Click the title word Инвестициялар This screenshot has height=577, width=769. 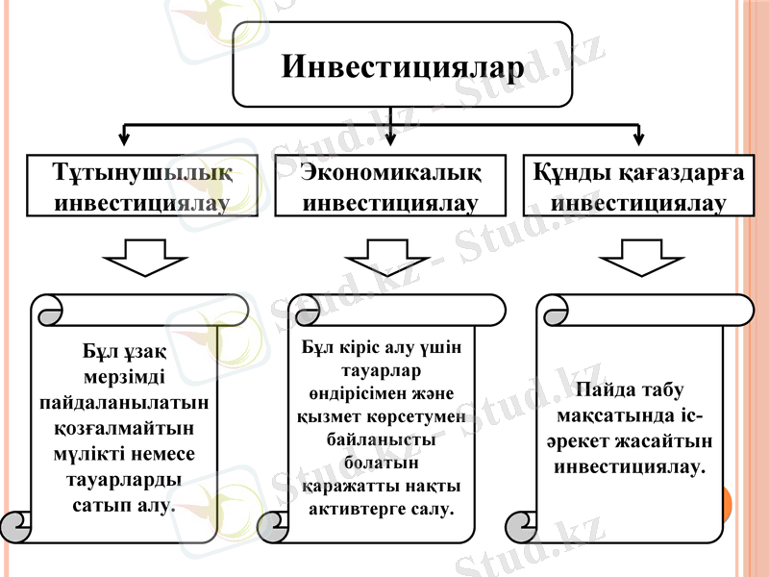(404, 68)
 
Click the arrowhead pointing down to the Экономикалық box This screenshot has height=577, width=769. (390, 141)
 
